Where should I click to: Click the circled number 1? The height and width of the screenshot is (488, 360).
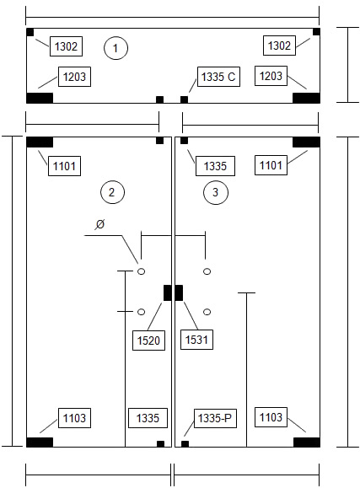coord(116,48)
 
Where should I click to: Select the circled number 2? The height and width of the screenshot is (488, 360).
coord(112,192)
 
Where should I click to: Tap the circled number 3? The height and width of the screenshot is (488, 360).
coord(216,192)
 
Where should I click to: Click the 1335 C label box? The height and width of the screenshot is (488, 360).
coord(218,77)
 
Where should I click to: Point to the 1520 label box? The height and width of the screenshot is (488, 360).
coord(148,341)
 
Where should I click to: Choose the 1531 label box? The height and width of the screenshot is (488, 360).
coord(196,339)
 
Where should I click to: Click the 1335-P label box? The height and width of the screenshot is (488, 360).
coord(215,418)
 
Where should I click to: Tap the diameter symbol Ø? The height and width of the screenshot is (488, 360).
coord(100,223)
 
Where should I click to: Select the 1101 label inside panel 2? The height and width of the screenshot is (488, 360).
coord(64,166)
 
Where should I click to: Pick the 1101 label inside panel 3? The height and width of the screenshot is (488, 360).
coord(271,165)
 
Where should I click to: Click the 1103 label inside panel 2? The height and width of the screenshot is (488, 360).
coord(74,418)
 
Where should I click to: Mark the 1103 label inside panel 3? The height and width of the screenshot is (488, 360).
coord(271,417)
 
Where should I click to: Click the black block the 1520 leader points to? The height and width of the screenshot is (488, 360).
coord(168,292)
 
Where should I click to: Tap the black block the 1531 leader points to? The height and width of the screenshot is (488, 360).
coord(179,292)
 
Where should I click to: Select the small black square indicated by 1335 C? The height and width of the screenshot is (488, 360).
coord(185,99)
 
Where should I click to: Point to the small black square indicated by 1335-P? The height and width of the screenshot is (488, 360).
coord(185,444)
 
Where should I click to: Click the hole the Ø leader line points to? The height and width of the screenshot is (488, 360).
coord(141,271)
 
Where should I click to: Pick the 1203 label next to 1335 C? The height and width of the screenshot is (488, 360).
coord(271,76)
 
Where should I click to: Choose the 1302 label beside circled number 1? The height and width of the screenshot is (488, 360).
coord(66,46)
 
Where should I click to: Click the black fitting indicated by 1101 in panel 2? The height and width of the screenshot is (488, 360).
coord(40,142)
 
